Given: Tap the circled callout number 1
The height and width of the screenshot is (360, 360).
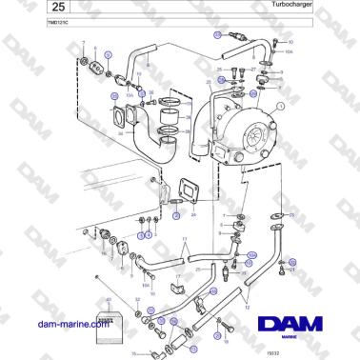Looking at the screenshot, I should (x=280, y=107).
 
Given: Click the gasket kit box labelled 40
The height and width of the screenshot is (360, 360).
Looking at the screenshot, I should (x=112, y=316).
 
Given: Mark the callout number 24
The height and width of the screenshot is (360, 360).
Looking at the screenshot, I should (x=192, y=216).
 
